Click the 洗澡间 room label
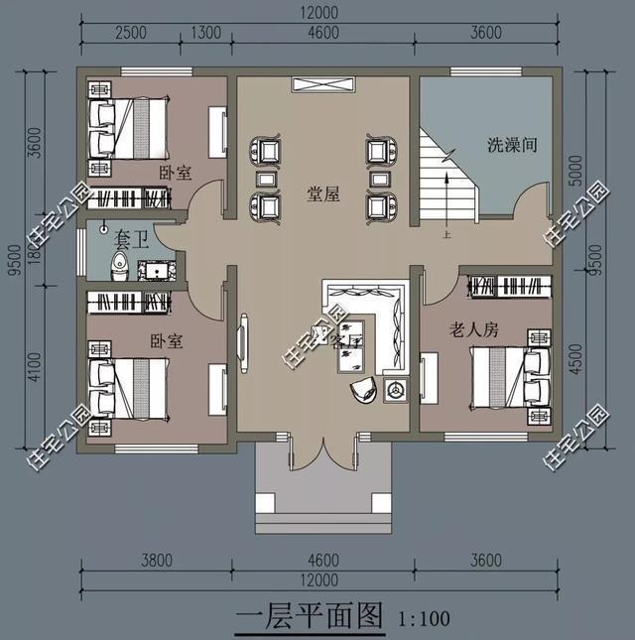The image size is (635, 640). coord(512,145)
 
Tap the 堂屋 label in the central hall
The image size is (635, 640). coord(323,194)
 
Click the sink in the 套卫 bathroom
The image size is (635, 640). coord(158,268)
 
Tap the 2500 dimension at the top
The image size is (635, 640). coord(130,33)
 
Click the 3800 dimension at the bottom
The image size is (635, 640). coord(157,562)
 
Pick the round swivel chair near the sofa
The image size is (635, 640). coord(363,390)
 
